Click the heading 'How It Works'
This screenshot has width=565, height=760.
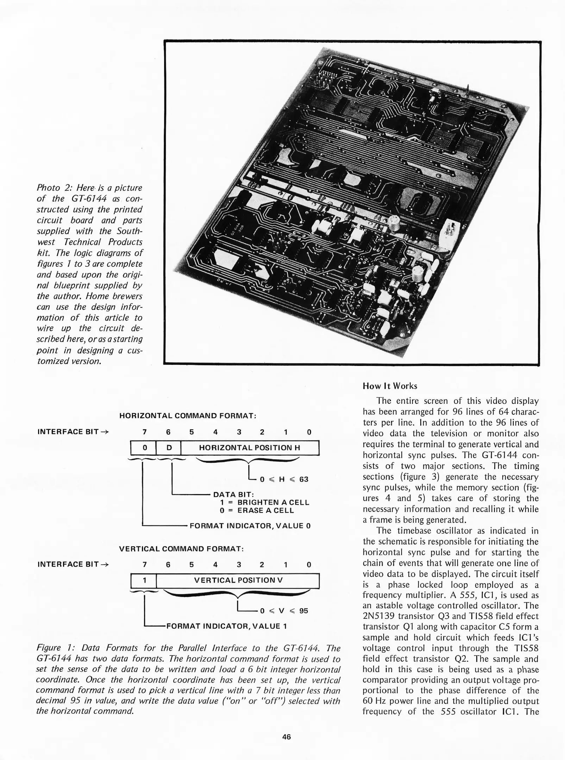(x=390, y=386)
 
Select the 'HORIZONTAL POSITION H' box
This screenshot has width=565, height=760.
(x=249, y=448)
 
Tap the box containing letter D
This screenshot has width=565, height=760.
(x=169, y=448)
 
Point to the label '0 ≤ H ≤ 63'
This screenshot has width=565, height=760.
(x=284, y=479)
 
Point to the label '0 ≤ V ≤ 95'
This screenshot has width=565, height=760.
(x=284, y=611)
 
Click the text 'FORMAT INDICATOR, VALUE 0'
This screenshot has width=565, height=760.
(x=250, y=526)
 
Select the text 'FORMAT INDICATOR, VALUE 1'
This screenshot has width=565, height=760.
(x=226, y=626)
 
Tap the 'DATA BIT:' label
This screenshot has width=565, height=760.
(x=234, y=495)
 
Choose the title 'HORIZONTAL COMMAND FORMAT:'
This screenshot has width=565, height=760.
(x=188, y=416)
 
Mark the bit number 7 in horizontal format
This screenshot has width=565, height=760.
(x=144, y=432)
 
